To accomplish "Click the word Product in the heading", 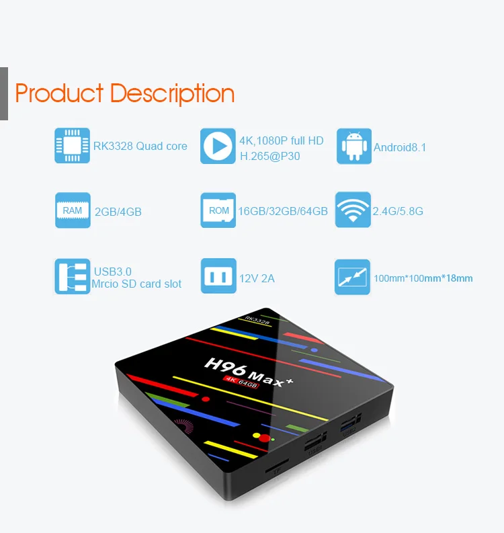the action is [x=59, y=93].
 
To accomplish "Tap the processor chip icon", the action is [x=72, y=145].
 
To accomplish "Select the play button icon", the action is [x=218, y=146].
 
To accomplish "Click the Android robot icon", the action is [x=353, y=146].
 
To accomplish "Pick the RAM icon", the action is [x=72, y=210].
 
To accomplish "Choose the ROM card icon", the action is [x=218, y=210].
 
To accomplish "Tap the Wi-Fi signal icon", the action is [x=353, y=210].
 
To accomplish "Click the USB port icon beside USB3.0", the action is [x=72, y=276].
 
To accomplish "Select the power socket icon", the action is [x=218, y=276].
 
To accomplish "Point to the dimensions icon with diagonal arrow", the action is [x=352, y=276].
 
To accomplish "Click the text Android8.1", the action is [x=400, y=147].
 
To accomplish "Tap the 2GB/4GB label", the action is [x=118, y=212].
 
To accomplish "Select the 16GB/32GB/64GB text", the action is [x=283, y=211].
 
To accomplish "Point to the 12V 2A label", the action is [x=257, y=278].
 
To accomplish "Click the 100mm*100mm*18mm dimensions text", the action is [x=423, y=278].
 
